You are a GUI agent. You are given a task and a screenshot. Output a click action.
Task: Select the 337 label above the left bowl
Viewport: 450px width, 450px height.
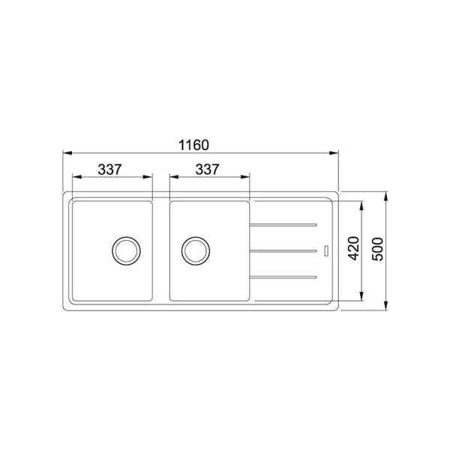coord(110,169)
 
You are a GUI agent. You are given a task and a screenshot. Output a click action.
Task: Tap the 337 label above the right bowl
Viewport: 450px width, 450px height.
coord(207,169)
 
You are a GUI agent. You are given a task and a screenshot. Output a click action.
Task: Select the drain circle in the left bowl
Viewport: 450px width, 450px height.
coord(125,250)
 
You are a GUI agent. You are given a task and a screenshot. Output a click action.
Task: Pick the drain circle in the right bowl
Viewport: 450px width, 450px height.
coord(195,250)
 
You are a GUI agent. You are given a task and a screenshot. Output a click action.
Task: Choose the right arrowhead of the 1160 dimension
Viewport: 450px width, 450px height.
coord(334,153)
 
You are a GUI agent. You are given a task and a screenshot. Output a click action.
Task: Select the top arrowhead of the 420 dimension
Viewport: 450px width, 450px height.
coord(364,203)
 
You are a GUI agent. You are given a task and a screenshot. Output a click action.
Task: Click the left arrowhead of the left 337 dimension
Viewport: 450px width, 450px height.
coord(75,178)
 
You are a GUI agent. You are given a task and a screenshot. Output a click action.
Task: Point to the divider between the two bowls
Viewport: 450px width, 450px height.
coord(161,250)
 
